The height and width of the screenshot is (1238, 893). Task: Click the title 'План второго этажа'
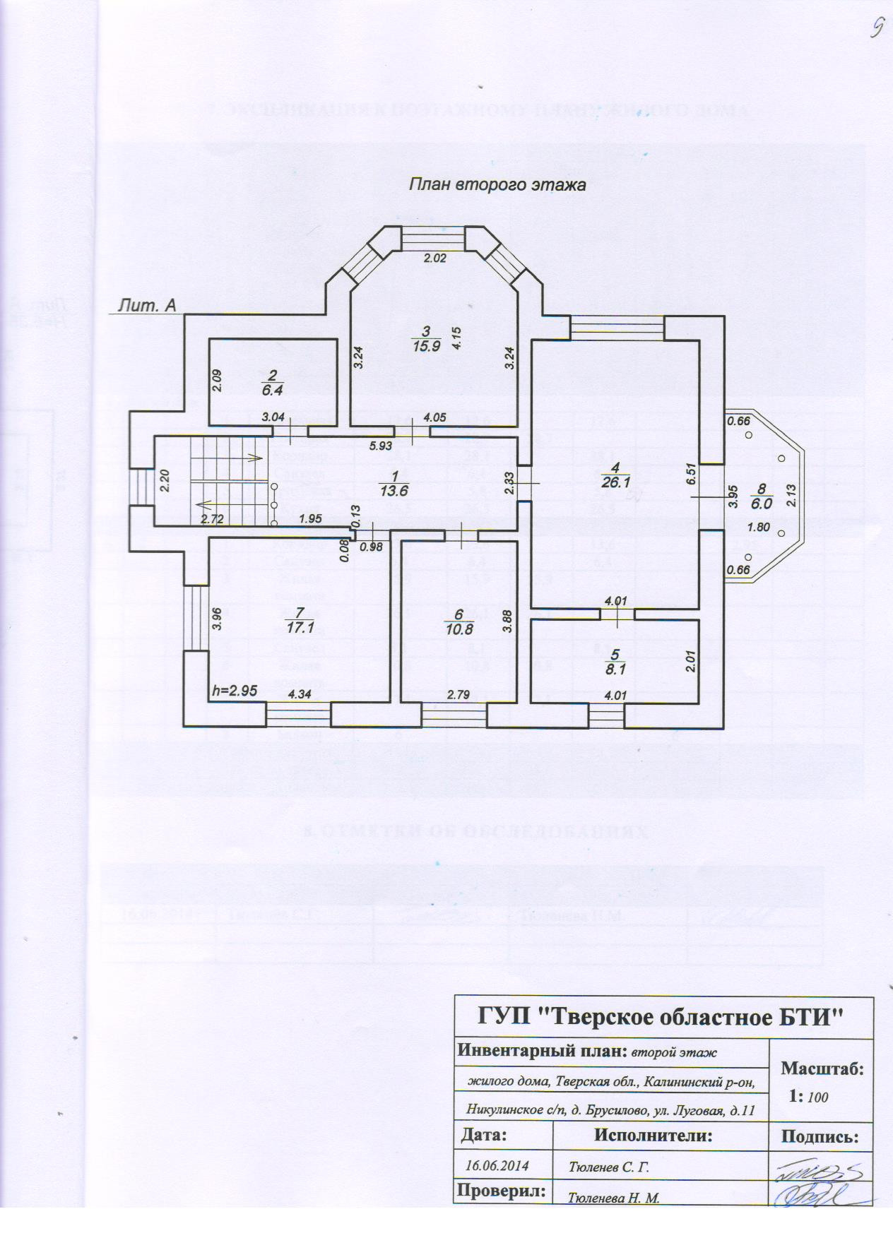498,186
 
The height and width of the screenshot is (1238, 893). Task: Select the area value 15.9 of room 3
427,346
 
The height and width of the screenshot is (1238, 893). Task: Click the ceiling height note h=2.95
235,691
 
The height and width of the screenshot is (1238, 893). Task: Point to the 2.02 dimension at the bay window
435,258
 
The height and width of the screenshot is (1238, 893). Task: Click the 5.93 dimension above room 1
381,446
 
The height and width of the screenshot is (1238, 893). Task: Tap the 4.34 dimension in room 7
300,695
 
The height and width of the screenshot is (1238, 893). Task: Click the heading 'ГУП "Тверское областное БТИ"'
662,1018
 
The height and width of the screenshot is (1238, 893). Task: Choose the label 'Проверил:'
502,1191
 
